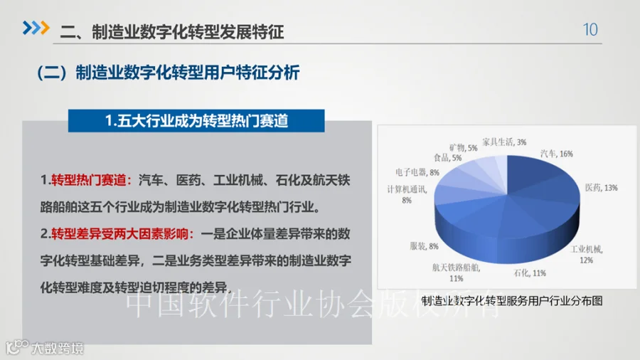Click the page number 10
pos(590,30)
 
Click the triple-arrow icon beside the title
pos(35,28)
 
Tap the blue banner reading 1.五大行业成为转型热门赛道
pos(196,121)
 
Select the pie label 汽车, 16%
pos(556,154)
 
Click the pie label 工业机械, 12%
pos(587,254)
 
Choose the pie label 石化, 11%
pos(530,273)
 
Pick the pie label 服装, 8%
pos(424,246)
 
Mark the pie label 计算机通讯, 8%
pos(407,194)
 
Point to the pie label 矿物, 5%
pos(463,147)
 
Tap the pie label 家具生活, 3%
pos(504,142)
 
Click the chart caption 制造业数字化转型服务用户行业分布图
pos(512,301)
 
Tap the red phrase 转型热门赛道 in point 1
pos(90,180)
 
